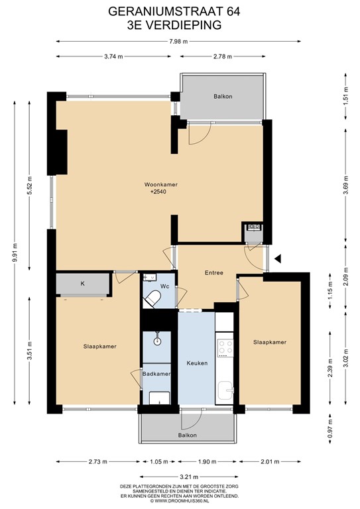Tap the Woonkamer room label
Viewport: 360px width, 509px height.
162,184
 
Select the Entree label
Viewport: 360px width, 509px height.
213,272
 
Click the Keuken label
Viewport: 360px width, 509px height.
197,363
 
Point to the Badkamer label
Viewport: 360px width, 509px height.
158,374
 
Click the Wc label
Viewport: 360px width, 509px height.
166,286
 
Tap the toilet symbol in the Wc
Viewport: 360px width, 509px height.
153,298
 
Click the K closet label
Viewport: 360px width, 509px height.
83,284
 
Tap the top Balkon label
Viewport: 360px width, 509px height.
223,97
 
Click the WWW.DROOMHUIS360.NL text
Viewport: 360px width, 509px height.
179,501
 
